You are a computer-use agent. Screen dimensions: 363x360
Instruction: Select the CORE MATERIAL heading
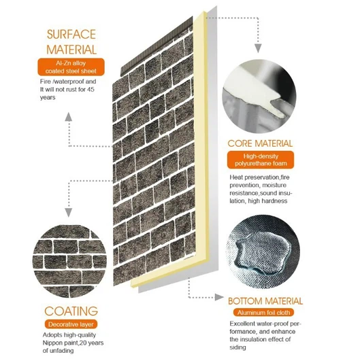(x=261, y=143)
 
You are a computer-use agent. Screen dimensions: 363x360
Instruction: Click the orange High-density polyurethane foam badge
(x=261, y=160)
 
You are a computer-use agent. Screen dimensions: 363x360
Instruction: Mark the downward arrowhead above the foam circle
(x=257, y=49)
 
